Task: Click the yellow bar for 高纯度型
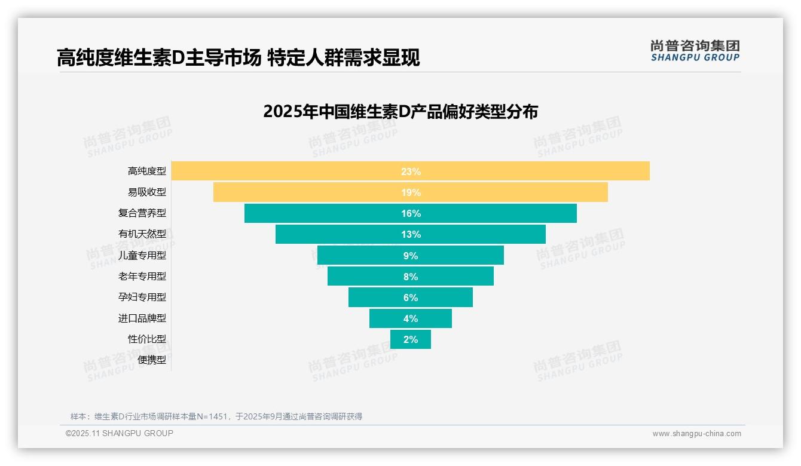pos(538,171)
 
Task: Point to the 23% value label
pos(411,171)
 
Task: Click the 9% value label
pos(411,256)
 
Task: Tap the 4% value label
pos(411,318)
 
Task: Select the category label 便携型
pos(152,360)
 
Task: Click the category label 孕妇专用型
pos(142,297)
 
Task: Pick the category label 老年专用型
pos(142,276)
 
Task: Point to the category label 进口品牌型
pos(142,318)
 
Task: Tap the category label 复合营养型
pos(142,213)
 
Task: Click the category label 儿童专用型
pos(142,255)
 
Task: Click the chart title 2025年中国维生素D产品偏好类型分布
pos(400,112)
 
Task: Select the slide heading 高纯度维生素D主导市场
pos(159,57)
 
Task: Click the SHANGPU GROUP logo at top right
pos(695,51)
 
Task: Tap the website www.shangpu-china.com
pos(696,434)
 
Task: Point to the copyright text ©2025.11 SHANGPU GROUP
pos(120,433)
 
